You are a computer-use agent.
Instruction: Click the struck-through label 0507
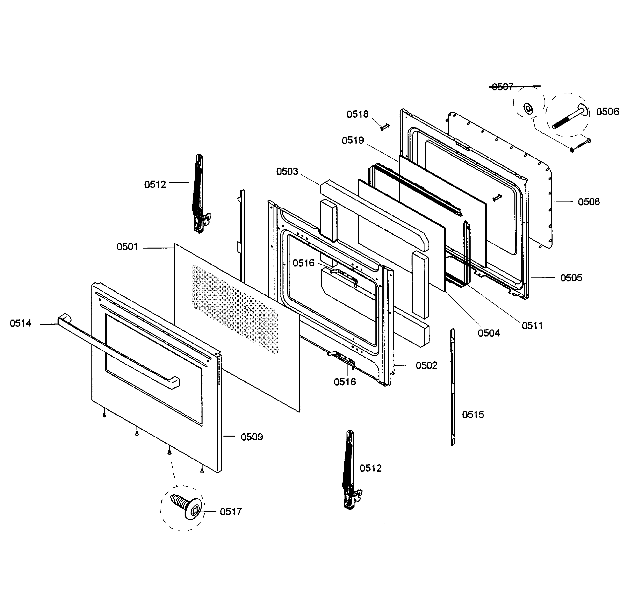coord(502,87)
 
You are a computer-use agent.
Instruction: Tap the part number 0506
coord(608,112)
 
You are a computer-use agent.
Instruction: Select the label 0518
coord(357,114)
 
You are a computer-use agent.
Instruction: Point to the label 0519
coord(353,140)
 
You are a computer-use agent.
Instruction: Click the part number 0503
coord(287,172)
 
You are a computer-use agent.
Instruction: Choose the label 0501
coord(127,247)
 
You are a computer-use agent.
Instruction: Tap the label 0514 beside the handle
coord(20,324)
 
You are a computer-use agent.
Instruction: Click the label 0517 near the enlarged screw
coord(231,512)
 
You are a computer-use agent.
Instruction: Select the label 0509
coord(252,437)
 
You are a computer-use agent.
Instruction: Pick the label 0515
coord(473,415)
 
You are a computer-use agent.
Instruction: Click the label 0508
coord(589,202)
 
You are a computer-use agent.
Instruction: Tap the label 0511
coord(532,326)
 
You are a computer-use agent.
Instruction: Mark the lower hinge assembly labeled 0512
coord(350,470)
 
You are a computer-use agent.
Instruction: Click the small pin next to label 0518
coord(385,127)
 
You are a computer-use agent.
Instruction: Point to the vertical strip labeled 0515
coord(452,387)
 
